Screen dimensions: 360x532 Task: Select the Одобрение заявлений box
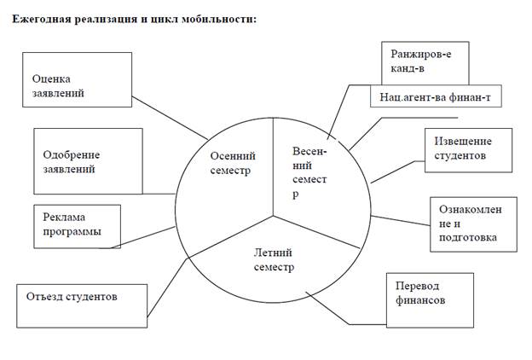(87, 161)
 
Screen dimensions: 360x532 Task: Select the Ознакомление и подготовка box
(472, 224)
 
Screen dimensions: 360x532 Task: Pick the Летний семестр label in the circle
(274, 259)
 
